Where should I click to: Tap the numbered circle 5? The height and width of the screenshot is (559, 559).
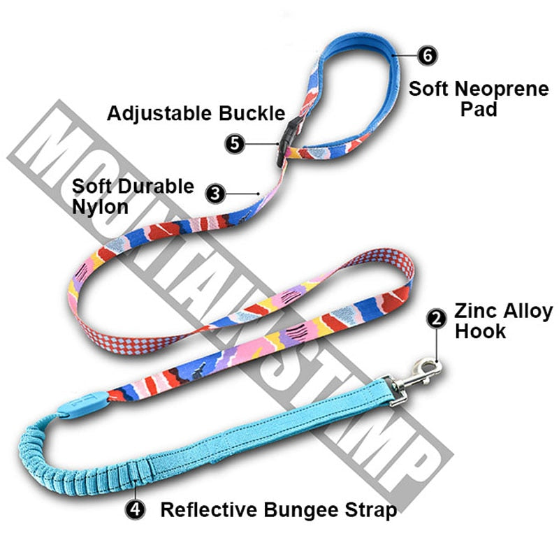235,143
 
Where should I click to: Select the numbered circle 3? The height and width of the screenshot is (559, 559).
216,194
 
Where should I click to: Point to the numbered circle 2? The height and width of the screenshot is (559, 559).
437,319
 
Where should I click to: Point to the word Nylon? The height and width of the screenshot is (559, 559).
101,208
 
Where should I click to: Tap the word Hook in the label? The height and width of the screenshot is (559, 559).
481,332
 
